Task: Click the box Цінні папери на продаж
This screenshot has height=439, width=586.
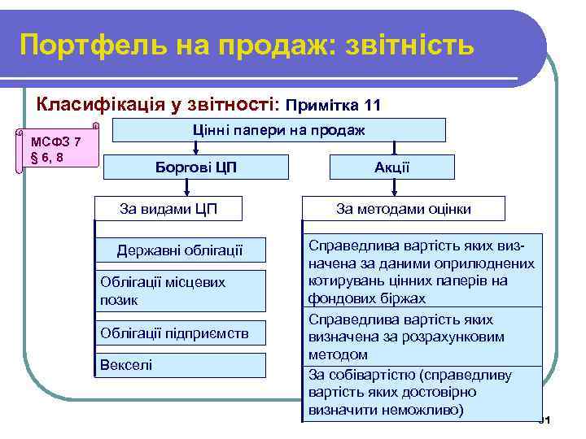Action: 278,130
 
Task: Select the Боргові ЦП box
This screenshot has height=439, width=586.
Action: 196,167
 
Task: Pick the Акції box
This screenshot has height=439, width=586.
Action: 391,167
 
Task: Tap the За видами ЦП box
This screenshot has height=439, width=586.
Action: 168,209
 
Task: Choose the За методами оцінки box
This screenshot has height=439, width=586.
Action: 404,209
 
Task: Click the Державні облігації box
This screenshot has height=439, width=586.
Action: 180,250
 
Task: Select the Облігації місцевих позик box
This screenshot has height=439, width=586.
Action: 180,291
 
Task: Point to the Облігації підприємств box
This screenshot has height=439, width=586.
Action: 180,333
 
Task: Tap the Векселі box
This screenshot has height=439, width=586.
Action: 180,364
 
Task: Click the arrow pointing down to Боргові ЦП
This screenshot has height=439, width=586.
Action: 196,149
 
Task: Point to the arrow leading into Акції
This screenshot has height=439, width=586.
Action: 393,149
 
